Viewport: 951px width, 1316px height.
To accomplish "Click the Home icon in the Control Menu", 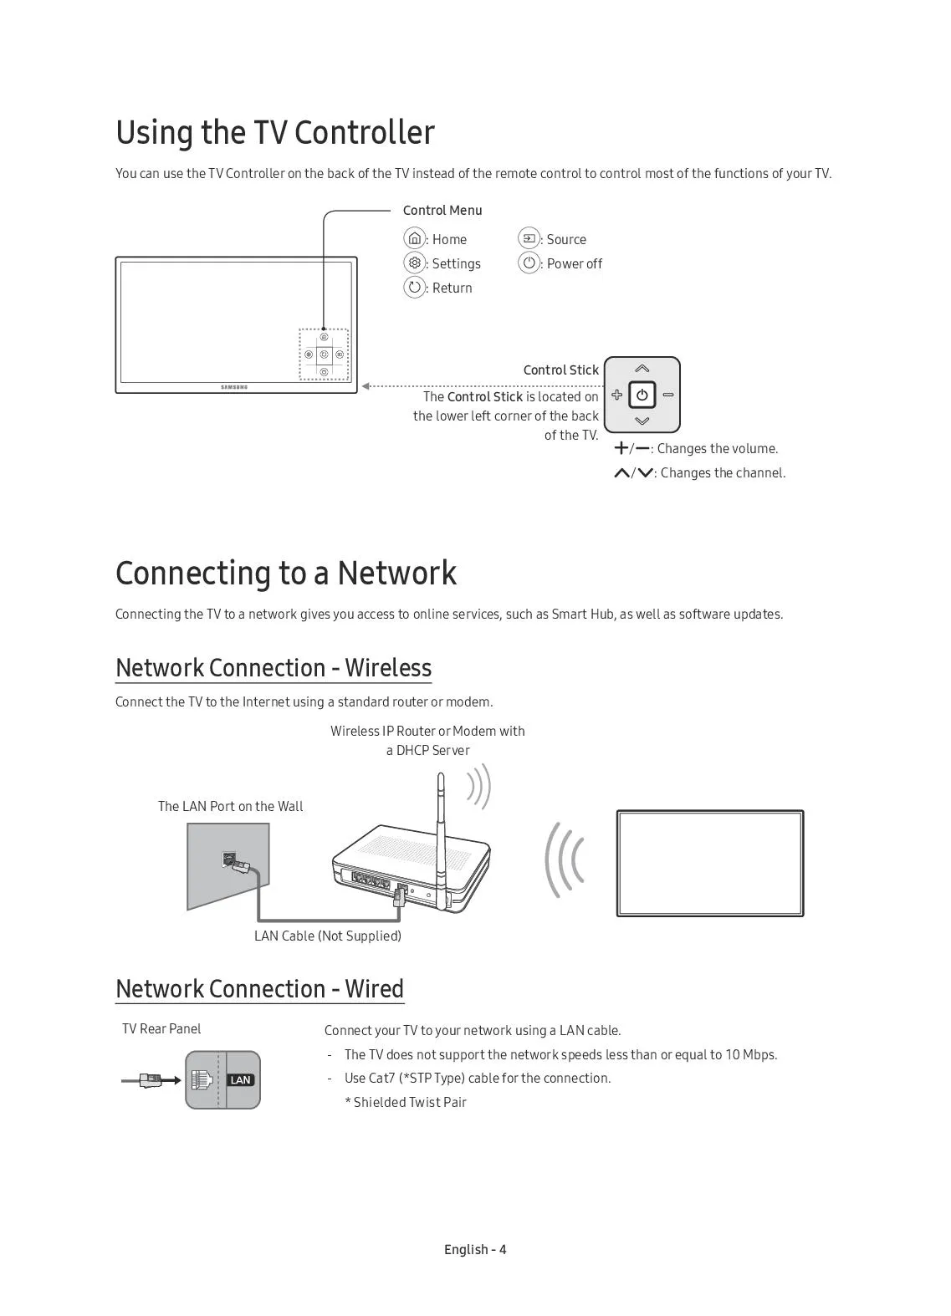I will pyautogui.click(x=414, y=239).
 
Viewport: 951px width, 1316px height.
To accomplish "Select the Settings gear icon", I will pyautogui.click(x=414, y=263).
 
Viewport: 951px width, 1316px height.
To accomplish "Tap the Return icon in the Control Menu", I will pyautogui.click(x=414, y=288).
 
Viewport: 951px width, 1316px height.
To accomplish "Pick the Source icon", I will pyautogui.click(x=529, y=239).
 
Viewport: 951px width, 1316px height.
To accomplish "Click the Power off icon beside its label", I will pyautogui.click(x=529, y=263).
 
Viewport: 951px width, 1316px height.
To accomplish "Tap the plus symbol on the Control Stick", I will pyautogui.click(x=617, y=395).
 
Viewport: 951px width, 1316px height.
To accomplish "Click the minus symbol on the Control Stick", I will pyautogui.click(x=668, y=395).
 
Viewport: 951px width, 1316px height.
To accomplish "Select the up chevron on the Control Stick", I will pyautogui.click(x=642, y=369).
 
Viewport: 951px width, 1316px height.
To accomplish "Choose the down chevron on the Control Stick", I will pyautogui.click(x=642, y=421).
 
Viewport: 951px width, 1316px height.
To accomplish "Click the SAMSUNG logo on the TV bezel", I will pyautogui.click(x=234, y=387).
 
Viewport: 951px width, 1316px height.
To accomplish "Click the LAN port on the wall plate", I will pyautogui.click(x=228, y=859).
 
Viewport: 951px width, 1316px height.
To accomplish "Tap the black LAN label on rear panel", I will pyautogui.click(x=240, y=1080).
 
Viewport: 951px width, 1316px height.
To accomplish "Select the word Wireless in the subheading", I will pyautogui.click(x=388, y=668).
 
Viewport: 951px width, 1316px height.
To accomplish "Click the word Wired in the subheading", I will pyautogui.click(x=374, y=989).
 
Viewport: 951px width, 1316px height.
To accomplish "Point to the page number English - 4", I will pyautogui.click(x=475, y=1249).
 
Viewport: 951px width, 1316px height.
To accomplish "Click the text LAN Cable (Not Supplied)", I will pyautogui.click(x=328, y=936).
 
